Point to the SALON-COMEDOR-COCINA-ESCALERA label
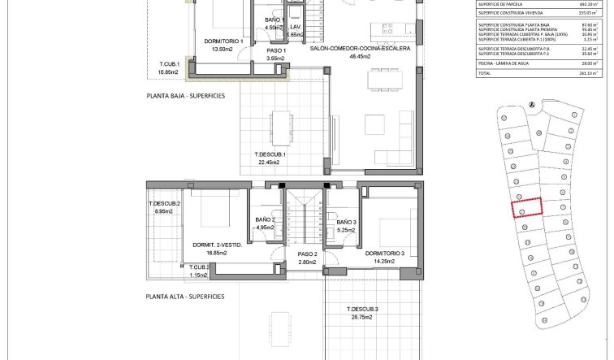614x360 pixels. (x=361, y=49)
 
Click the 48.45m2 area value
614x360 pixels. (x=361, y=59)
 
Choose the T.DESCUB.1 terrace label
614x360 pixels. (x=270, y=154)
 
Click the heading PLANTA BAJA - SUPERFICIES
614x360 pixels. (x=185, y=96)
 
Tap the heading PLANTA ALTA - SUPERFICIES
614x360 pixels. (x=185, y=297)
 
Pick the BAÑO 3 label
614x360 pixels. (x=346, y=222)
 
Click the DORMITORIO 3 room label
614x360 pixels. (x=385, y=254)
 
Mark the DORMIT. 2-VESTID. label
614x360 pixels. (x=215, y=245)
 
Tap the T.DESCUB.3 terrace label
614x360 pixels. (x=362, y=310)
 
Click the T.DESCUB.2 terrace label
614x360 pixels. (x=164, y=203)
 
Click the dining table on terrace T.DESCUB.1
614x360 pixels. (x=280, y=124)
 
